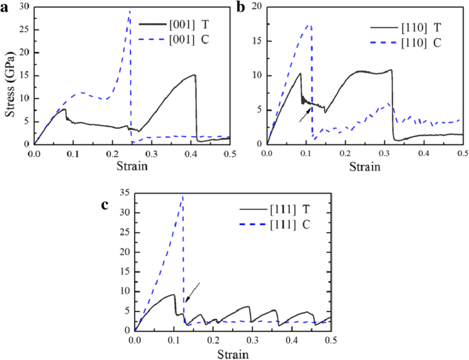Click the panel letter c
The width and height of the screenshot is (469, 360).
105,205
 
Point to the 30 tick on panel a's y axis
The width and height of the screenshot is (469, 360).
24,6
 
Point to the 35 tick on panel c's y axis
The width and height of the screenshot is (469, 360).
125,194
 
